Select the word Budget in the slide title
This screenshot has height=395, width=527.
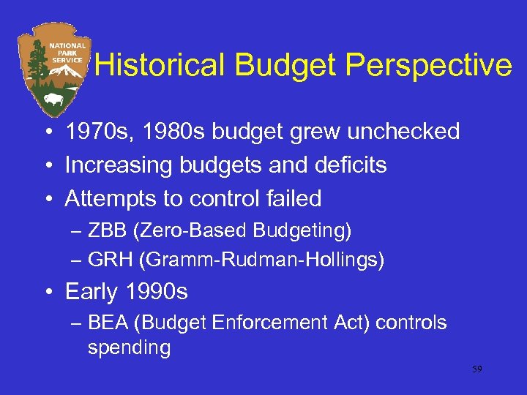tap(287, 66)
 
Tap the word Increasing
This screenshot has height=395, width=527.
tap(116, 165)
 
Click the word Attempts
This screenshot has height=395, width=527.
tap(106, 198)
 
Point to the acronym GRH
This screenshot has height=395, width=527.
tap(105, 259)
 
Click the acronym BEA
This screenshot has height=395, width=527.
tap(104, 323)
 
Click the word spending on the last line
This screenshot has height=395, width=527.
tap(129, 347)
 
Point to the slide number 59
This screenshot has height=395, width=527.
tap(476, 370)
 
